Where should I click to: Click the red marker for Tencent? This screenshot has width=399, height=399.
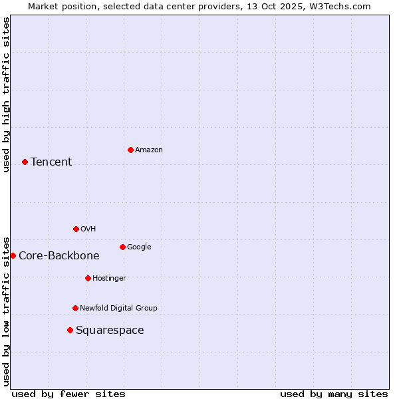[25, 162]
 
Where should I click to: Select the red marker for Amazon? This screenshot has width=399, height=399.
[130, 150]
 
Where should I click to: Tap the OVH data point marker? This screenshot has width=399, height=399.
[76, 229]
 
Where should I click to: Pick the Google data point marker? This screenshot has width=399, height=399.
[122, 247]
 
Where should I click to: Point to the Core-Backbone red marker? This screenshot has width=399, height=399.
[13, 255]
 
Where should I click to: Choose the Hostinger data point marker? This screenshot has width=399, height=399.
[88, 278]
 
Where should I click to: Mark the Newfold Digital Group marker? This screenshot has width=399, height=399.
[75, 308]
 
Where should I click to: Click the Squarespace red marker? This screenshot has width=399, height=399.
[70, 330]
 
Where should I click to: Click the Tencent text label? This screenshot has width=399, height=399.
[51, 162]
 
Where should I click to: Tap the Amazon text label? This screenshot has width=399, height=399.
[149, 150]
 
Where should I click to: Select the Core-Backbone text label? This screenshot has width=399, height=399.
[59, 256]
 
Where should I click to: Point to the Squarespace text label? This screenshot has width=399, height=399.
[110, 331]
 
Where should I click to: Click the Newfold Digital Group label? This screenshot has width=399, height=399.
[119, 309]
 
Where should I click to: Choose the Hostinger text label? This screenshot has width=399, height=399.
[109, 279]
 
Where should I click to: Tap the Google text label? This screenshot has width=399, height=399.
[139, 247]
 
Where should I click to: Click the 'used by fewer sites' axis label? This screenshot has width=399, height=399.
[68, 394]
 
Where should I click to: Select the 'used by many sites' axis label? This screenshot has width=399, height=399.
[334, 394]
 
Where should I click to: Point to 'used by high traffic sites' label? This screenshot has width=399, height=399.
[6, 94]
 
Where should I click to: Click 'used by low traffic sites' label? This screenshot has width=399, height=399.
[6, 311]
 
